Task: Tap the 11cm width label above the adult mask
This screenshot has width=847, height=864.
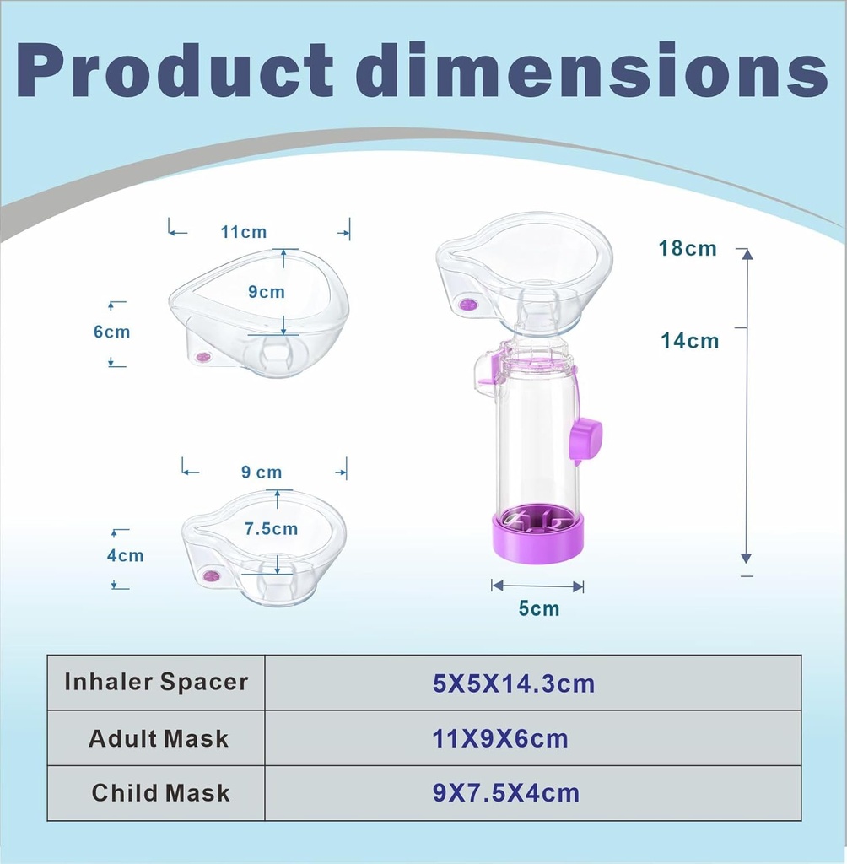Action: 244,231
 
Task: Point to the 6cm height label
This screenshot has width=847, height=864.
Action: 111,332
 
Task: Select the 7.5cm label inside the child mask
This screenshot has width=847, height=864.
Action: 271,529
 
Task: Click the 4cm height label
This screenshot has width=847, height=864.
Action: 125,555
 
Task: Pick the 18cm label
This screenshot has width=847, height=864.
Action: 688,248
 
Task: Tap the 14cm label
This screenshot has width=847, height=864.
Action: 689,341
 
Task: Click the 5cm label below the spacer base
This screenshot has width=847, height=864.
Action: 539,608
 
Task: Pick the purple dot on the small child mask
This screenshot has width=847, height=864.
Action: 210,575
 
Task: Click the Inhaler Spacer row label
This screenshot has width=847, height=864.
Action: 156,682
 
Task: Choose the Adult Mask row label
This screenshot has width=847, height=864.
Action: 159,739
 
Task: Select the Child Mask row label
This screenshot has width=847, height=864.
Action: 160,793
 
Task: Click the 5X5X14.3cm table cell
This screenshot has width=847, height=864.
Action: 514,683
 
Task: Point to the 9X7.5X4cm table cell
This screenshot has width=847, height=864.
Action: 506,793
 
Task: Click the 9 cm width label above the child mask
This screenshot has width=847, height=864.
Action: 262,472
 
